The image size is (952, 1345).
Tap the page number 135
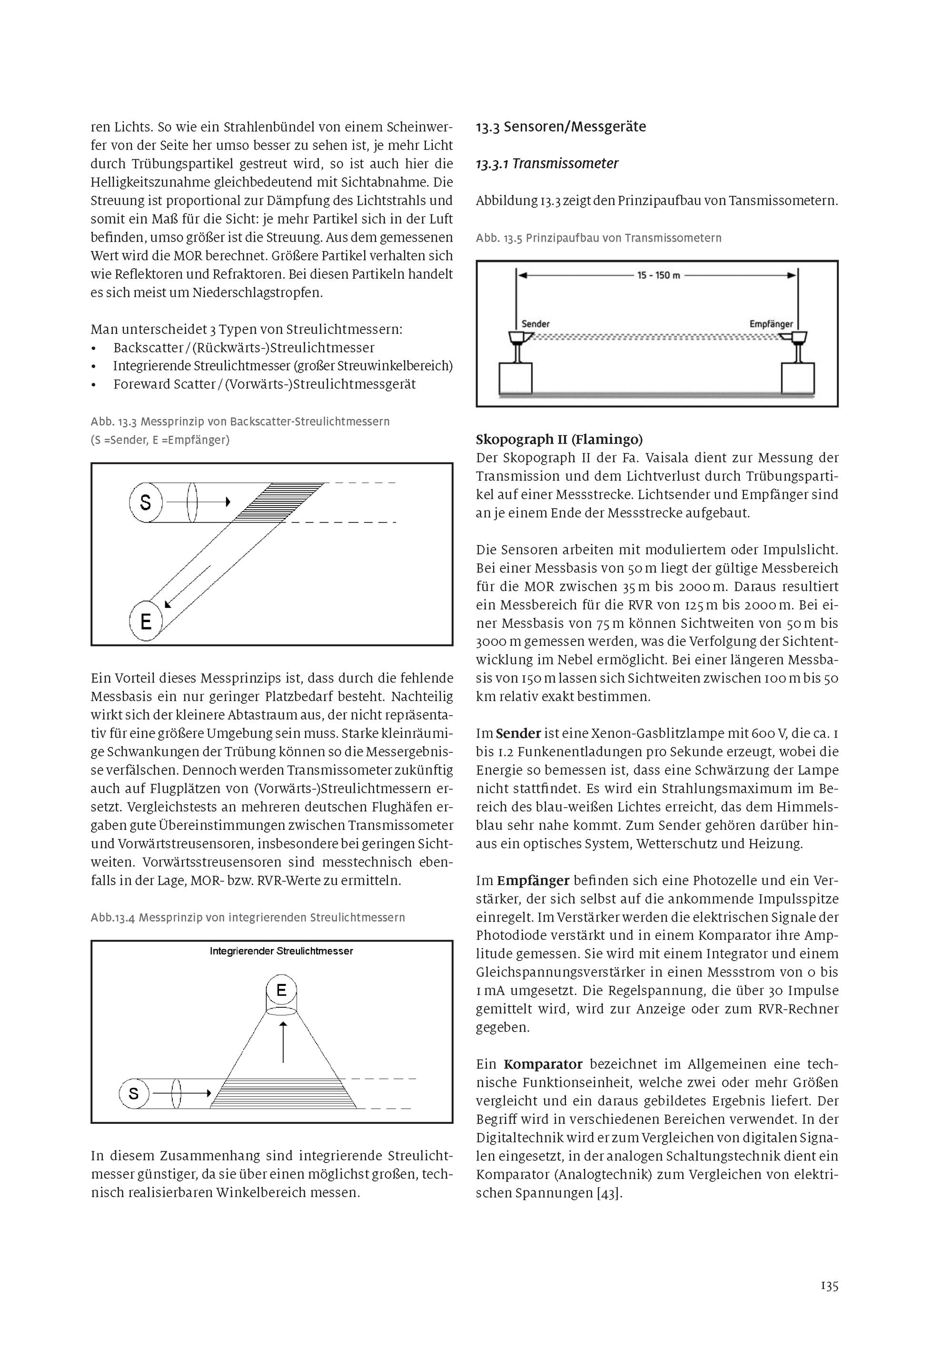829,1286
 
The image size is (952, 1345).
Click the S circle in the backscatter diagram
145,502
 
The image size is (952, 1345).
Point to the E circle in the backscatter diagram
145,620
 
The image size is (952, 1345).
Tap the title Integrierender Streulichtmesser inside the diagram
281,951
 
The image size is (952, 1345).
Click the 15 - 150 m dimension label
658,275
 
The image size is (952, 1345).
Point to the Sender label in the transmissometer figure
535,324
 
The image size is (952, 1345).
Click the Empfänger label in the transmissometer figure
771,324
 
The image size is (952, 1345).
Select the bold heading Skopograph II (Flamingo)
559,439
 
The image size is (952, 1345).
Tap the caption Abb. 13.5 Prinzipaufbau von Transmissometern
598,238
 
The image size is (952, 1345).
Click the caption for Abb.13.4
248,917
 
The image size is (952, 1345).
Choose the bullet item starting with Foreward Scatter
264,384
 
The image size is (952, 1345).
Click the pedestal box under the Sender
516,379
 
